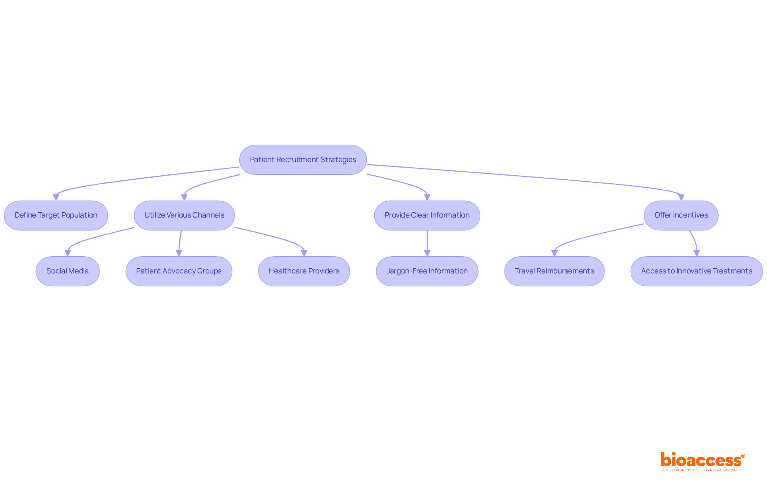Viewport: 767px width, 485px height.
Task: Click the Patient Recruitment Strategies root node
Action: click(x=303, y=160)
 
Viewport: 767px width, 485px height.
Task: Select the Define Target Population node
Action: click(x=56, y=215)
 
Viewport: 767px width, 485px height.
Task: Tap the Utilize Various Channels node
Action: click(x=184, y=215)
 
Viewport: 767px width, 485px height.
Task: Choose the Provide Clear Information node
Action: click(x=427, y=215)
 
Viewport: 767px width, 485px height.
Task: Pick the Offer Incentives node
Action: click(x=681, y=215)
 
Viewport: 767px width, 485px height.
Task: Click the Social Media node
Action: click(x=68, y=271)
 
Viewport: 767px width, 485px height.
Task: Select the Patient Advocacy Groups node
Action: click(x=179, y=271)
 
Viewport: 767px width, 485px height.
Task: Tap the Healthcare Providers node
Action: click(x=304, y=271)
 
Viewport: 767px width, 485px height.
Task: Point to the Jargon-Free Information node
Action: click(x=427, y=271)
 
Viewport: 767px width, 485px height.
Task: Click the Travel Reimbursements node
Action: click(x=554, y=271)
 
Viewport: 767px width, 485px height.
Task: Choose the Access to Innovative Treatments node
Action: click(x=696, y=271)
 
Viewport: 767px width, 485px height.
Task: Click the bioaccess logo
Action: click(x=702, y=461)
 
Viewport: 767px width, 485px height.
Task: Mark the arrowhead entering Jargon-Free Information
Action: click(x=427, y=253)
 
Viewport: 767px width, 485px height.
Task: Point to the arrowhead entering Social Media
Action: click(x=68, y=253)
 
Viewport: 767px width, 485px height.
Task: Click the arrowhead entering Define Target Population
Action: click(x=56, y=197)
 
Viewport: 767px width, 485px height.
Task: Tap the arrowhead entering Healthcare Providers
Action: click(x=304, y=253)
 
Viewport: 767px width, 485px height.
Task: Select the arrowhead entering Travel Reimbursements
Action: click(x=554, y=253)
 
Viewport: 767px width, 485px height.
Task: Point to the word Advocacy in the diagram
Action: click(x=179, y=271)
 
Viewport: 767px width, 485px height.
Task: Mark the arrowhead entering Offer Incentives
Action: click(x=681, y=197)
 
